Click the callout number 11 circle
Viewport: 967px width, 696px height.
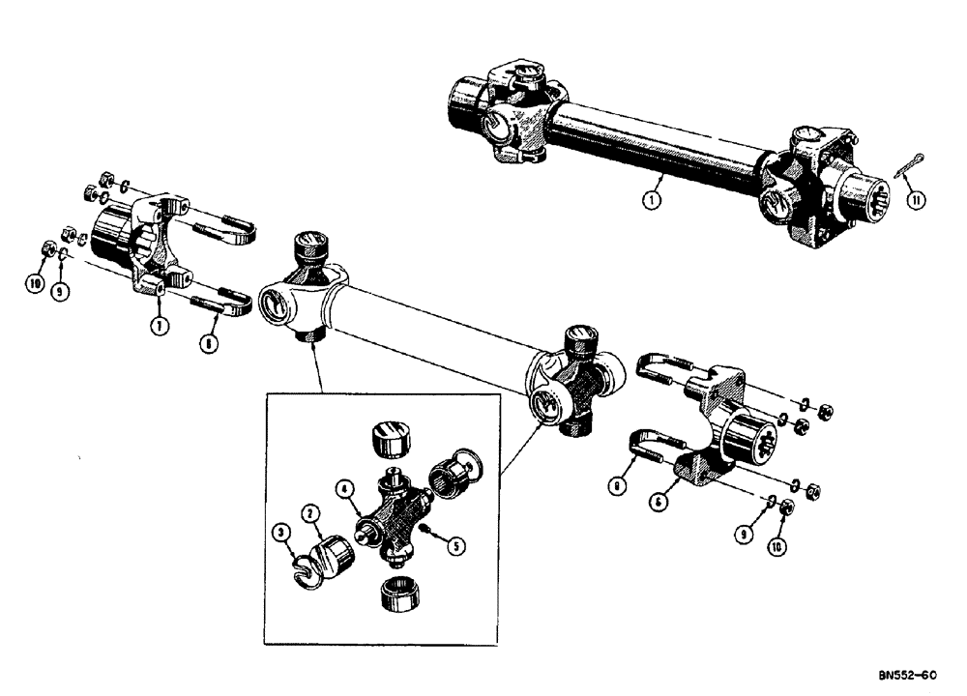point(917,200)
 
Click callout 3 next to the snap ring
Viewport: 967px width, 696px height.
point(281,531)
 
